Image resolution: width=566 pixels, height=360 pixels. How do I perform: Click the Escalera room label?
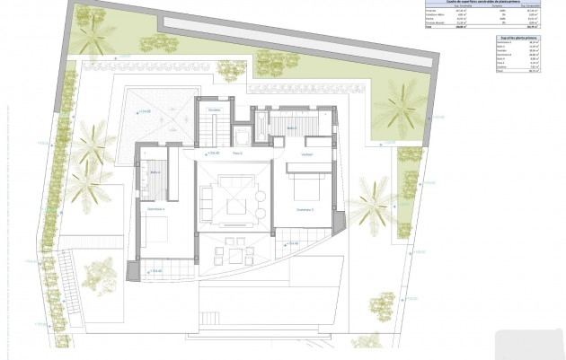(214, 110)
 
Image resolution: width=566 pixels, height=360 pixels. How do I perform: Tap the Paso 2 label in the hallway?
(238, 153)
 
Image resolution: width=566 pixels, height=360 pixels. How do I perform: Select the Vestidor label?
(305, 154)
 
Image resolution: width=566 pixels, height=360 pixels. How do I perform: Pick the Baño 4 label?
(155, 172)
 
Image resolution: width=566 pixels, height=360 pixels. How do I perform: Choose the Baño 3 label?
(292, 127)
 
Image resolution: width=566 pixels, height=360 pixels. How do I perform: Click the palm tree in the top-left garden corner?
(91, 39)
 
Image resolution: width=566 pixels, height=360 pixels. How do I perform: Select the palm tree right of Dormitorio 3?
(371, 202)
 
